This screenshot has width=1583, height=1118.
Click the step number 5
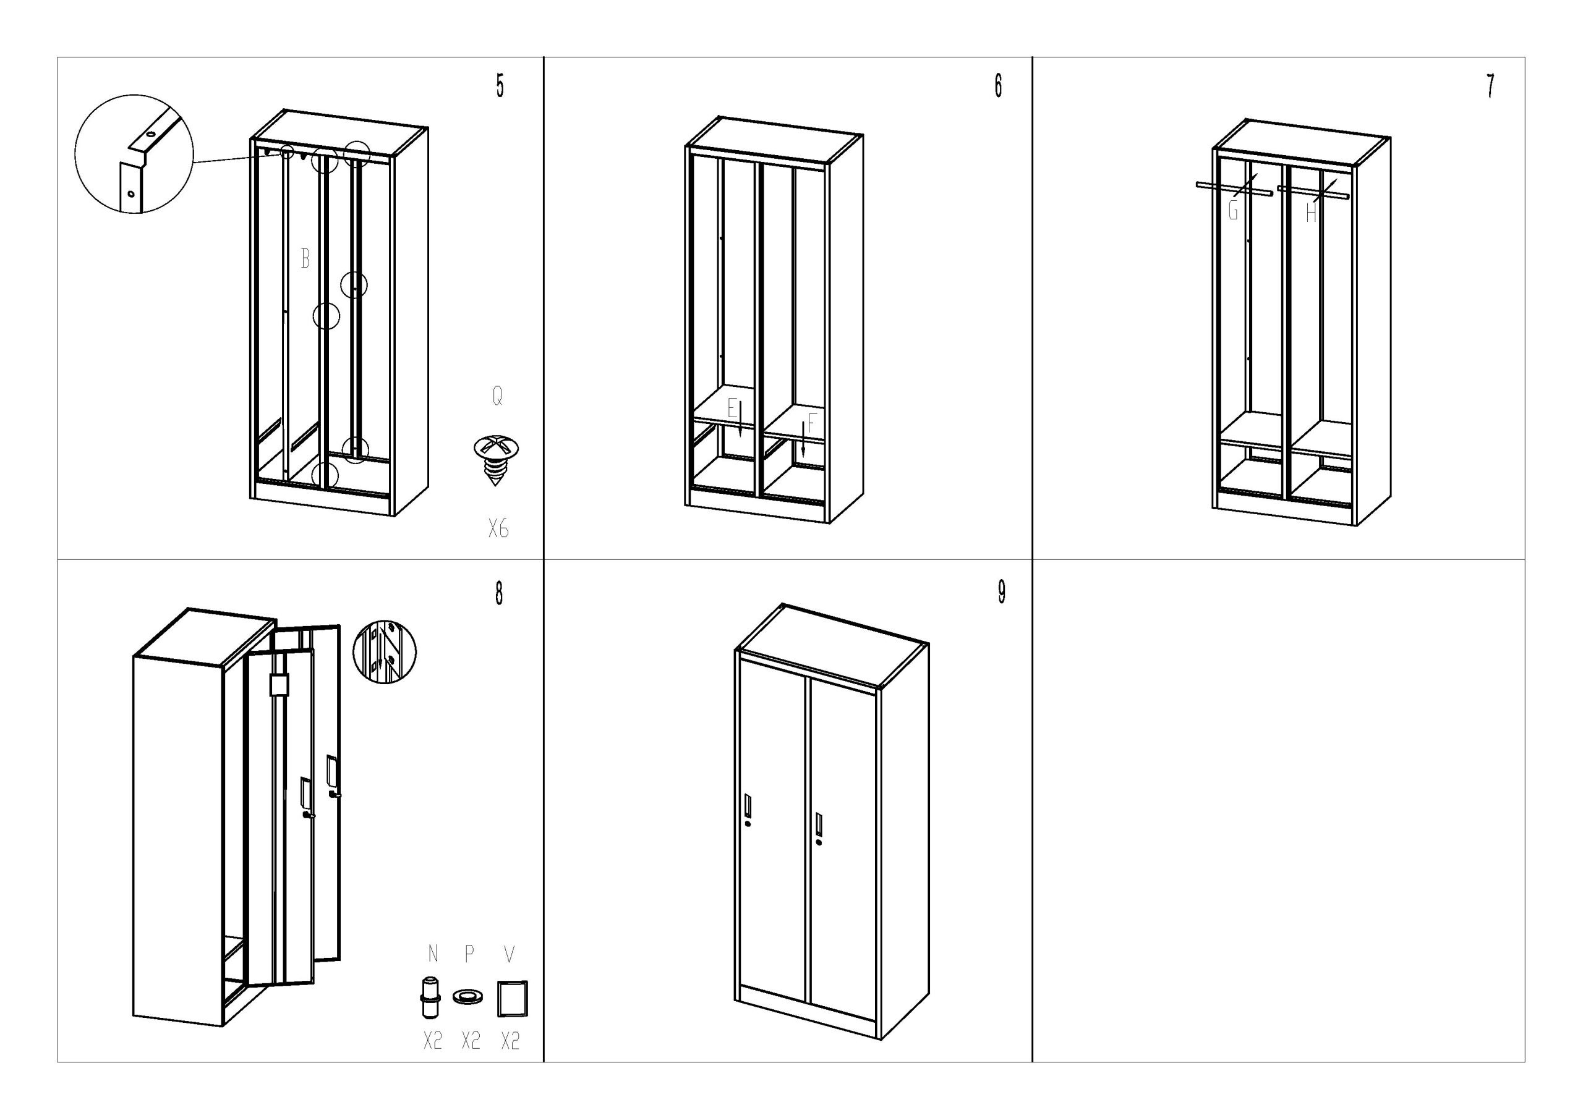pos(500,85)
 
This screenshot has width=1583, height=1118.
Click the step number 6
pos(997,85)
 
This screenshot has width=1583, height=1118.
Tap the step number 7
pos(1490,86)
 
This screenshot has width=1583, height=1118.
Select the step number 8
pos(499,593)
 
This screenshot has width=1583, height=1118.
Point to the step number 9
pos(1001,592)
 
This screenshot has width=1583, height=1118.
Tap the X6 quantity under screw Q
pos(498,530)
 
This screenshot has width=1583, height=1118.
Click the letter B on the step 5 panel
pos(305,259)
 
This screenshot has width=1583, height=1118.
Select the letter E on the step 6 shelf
pos(732,409)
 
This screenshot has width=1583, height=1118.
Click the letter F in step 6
pos(811,423)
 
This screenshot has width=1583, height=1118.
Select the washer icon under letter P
pos(469,997)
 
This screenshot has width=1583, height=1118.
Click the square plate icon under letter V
pos(511,999)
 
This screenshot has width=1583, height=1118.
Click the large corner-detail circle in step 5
pos(134,154)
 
